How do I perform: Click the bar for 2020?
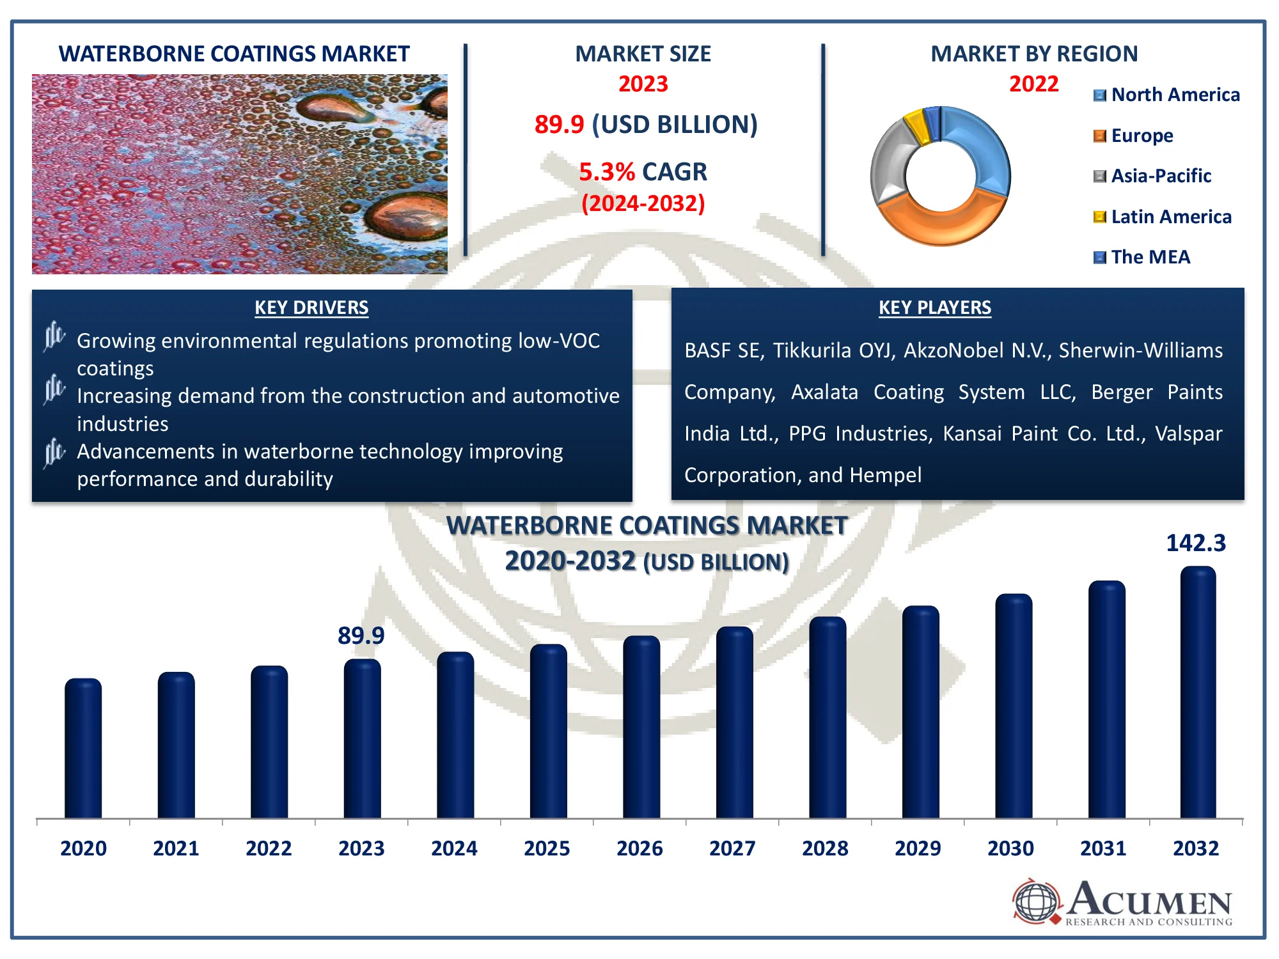coord(83,748)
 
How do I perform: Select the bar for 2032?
coord(1198,692)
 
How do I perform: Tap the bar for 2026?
coord(641,727)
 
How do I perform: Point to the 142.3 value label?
coord(1196,543)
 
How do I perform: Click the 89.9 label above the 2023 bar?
coord(361,635)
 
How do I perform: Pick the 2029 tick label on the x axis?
coord(918,848)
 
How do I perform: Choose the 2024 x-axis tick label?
coord(454,848)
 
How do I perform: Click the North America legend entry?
coord(1167,95)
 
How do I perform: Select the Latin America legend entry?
coord(1163,217)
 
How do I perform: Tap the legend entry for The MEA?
coord(1142,257)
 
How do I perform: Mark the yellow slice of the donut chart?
coord(916,126)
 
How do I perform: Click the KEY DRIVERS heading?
coord(311,308)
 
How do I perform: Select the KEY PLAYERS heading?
coord(935,308)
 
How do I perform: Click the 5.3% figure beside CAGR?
coord(607,172)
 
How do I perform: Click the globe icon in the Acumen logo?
coord(1036,901)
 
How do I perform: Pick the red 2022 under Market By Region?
coord(1034,84)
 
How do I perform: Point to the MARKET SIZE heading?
coord(643,54)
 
